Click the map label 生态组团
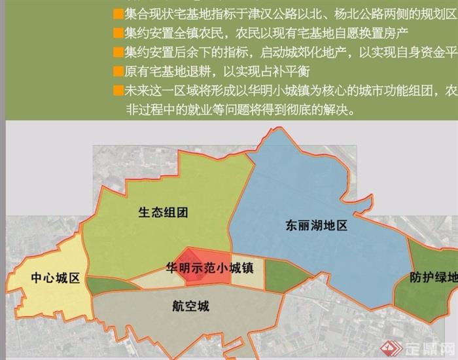164,212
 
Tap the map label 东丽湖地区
316,226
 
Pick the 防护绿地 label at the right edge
434,277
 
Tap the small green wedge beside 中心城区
103,285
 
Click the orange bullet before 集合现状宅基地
117,13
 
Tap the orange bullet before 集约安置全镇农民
117,32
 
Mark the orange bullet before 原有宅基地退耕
117,71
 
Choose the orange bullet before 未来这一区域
117,90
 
